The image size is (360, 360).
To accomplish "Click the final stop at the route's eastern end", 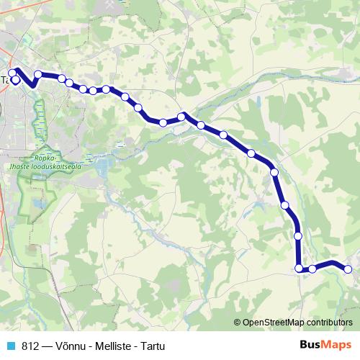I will tap(347, 269).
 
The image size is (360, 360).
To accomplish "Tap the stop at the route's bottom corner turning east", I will tap(300, 269).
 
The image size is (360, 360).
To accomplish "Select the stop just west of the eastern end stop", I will tap(312, 269).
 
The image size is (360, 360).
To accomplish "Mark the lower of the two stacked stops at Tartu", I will tap(16, 80).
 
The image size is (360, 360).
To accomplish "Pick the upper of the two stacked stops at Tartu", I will tap(12, 73).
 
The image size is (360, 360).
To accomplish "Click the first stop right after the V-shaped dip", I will tap(38, 74).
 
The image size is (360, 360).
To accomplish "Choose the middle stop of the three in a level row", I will tap(94, 90).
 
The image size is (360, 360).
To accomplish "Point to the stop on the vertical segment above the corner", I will tap(298, 235).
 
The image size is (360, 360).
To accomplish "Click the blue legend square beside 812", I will tap(10, 345).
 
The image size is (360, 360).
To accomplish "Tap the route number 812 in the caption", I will tap(30, 345).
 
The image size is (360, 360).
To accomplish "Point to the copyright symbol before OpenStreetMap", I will tap(238, 322).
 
